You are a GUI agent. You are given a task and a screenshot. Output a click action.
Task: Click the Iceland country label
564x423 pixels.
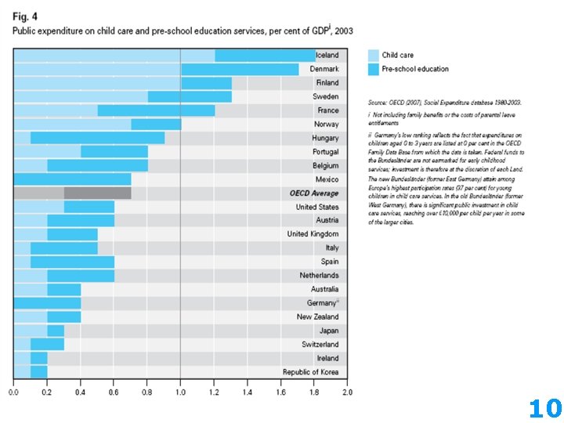coord(327,56)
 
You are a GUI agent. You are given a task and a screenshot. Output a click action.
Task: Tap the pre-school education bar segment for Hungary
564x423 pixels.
coord(98,138)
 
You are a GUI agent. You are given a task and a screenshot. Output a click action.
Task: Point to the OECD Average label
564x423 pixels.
coord(313,193)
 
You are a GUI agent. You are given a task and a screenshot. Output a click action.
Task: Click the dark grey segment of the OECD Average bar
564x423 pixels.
coord(97,193)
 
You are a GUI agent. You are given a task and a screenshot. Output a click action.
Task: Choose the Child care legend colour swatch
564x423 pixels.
coord(373,56)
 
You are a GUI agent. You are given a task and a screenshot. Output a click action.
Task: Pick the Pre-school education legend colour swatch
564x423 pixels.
coord(373,69)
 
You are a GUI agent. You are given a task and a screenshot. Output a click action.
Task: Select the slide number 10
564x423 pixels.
coord(545,408)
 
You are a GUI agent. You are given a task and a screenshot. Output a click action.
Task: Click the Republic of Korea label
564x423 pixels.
coord(310,371)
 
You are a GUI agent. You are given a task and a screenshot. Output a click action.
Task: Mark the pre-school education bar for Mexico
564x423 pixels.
coord(73,179)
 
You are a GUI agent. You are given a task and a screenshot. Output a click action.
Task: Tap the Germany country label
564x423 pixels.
coord(321,303)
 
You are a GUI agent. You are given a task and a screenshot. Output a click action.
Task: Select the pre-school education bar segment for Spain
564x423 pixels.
coord(72,262)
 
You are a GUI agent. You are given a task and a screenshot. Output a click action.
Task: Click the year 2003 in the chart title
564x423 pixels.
coord(344,31)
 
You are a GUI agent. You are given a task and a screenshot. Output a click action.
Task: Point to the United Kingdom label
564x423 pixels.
coord(313,234)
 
